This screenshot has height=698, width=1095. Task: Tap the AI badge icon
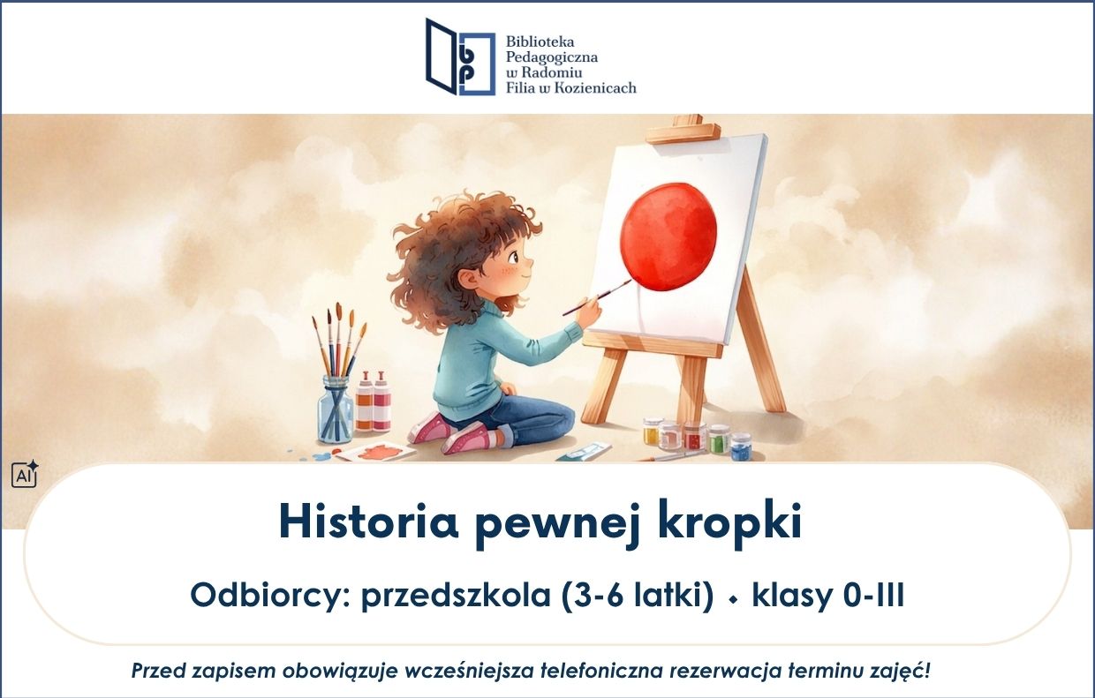[x=25, y=474]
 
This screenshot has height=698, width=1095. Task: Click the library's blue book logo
[x=460, y=56]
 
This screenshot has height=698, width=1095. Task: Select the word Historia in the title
[x=368, y=521]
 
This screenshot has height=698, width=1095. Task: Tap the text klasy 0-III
[x=828, y=596]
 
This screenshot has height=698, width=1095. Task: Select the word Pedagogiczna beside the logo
[x=551, y=57]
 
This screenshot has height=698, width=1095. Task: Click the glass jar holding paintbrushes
[x=335, y=409]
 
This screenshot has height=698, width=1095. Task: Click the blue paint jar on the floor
[x=741, y=447]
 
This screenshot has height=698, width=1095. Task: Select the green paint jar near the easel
[x=719, y=439]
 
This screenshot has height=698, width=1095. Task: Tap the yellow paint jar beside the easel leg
[x=653, y=431]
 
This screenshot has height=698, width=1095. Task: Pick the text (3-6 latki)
[x=638, y=596]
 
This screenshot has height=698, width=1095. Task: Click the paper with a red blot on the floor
[x=375, y=452]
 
